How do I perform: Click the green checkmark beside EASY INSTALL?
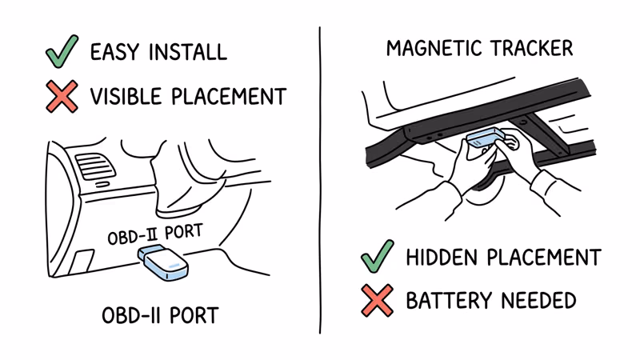pos(61,51)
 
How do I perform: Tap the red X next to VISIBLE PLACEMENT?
pos(61,96)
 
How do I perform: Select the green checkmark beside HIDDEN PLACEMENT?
pos(377,256)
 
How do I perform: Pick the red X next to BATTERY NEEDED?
pos(377,301)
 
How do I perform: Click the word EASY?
pos(117,53)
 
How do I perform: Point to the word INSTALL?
pos(188,53)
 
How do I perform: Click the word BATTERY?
pos(449,301)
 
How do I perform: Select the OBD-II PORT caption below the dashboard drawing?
pos(160,315)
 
